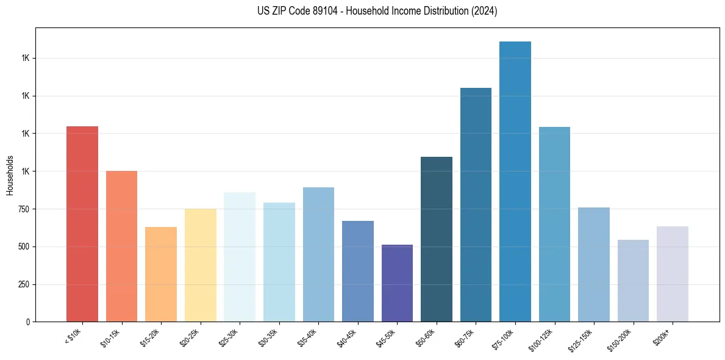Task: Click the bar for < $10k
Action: pyautogui.click(x=82, y=224)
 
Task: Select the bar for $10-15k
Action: pyautogui.click(x=121, y=247)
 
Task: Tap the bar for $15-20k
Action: pyautogui.click(x=161, y=275)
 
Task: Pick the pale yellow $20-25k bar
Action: pyautogui.click(x=201, y=265)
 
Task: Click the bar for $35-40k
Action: pyautogui.click(x=318, y=254)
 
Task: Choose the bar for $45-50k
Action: pyautogui.click(x=397, y=283)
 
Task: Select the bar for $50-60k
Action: pyautogui.click(x=437, y=239)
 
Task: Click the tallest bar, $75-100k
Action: pyautogui.click(x=515, y=182)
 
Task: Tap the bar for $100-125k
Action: pyautogui.click(x=554, y=225)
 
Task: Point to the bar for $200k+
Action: pyautogui.click(x=673, y=274)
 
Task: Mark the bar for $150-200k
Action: pyautogui.click(x=633, y=281)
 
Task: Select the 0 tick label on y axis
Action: pyautogui.click(x=28, y=322)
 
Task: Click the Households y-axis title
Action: pyautogui.click(x=10, y=175)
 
